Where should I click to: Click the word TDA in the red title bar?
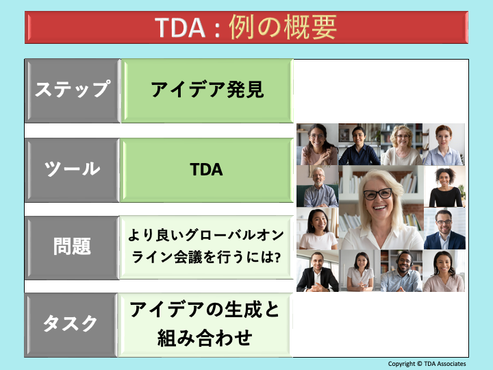(179, 27)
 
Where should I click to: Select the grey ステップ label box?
(72, 90)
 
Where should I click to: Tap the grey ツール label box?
(72, 170)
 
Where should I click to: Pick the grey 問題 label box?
(72, 247)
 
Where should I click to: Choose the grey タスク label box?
(72, 325)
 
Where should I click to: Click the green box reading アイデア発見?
(207, 90)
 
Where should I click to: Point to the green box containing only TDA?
(207, 170)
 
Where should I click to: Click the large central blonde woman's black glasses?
(377, 195)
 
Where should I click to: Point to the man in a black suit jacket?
(317, 271)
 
